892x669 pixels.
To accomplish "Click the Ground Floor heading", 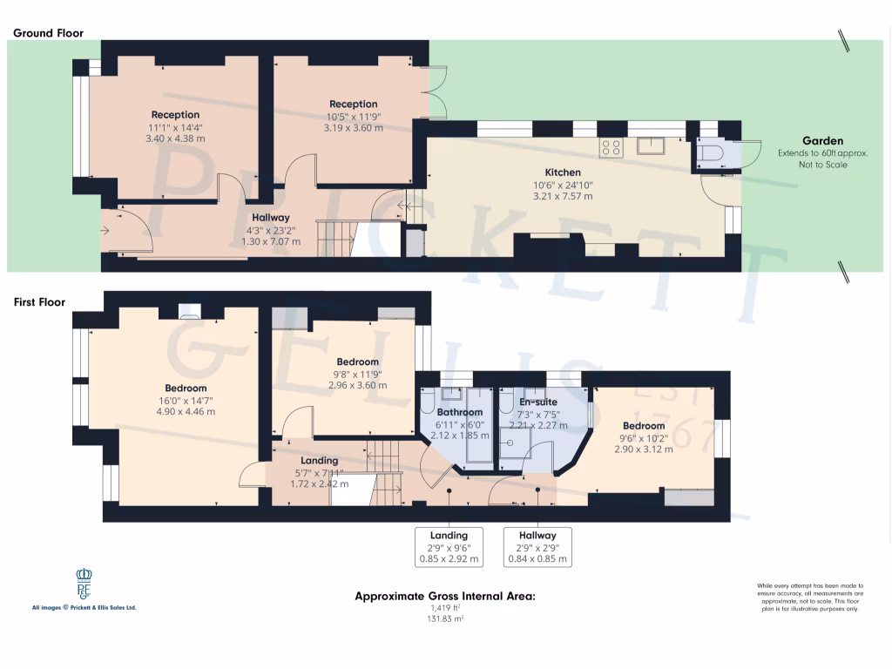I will [x=48, y=33].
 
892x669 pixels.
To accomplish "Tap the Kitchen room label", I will [x=563, y=172].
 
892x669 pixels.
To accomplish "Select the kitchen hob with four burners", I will [x=611, y=147].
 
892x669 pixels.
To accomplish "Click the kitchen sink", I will [x=650, y=145].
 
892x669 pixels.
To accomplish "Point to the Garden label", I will [x=822, y=140].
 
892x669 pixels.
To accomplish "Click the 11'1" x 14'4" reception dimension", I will [x=175, y=126].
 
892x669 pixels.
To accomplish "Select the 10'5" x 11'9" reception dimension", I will [x=353, y=116].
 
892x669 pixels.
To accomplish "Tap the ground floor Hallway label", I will [x=271, y=218].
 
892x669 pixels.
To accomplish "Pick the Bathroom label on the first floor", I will [x=459, y=412].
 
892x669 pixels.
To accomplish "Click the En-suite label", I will [x=537, y=402].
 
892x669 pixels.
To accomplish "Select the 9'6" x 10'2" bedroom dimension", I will [x=643, y=437].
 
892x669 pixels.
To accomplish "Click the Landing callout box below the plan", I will [x=449, y=547].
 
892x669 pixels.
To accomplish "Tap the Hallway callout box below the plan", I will [x=537, y=547].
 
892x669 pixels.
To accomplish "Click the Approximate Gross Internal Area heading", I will [x=444, y=597].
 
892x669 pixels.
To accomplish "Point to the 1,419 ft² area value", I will [x=445, y=608].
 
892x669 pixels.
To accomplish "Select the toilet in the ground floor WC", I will [x=709, y=155].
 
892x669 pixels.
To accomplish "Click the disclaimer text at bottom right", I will [x=809, y=598].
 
